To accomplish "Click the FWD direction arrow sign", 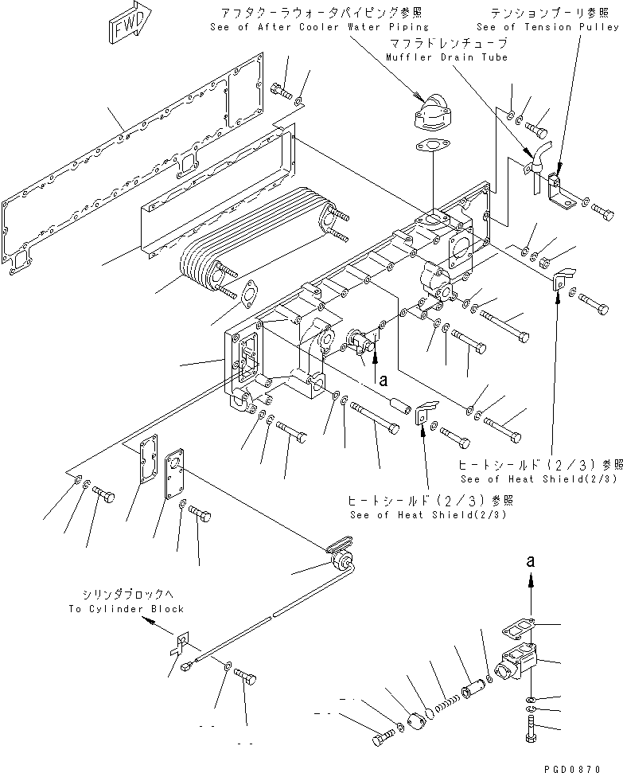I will pos(126,29).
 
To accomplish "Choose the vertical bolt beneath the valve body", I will pos(531,729).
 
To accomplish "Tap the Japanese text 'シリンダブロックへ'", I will pos(122,595).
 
